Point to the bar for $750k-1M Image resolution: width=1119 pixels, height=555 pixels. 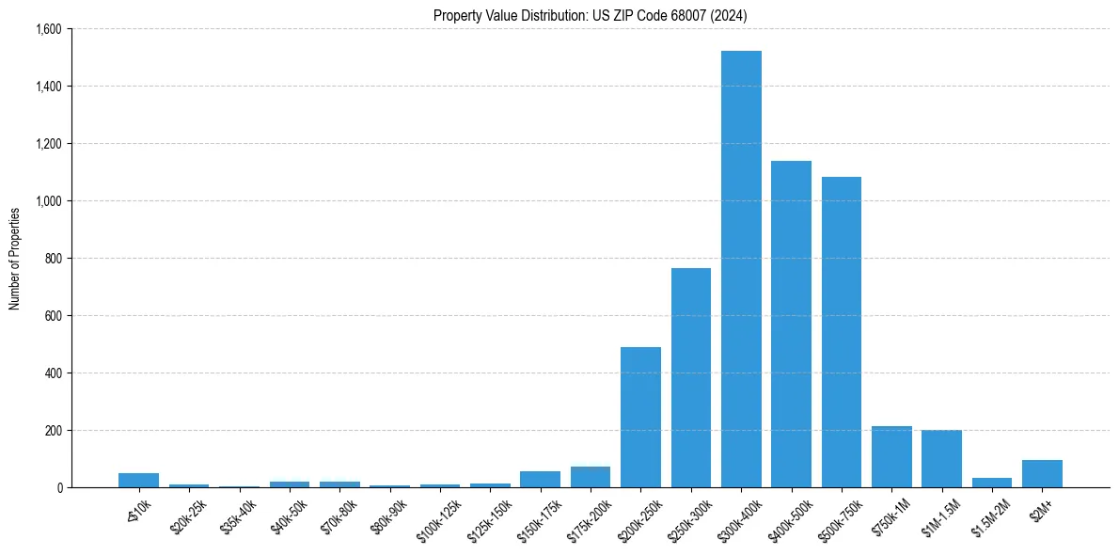pyautogui.click(x=891, y=457)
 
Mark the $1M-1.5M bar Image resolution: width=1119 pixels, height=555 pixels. pyautogui.click(x=941, y=459)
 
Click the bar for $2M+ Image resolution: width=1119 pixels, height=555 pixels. pyautogui.click(x=1042, y=474)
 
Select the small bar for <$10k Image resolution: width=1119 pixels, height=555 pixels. pyautogui.click(x=139, y=481)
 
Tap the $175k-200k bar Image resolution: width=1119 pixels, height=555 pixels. pyautogui.click(x=591, y=477)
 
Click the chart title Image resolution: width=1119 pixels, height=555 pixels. pyautogui.click(x=591, y=15)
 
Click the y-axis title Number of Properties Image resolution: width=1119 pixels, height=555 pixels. pyautogui.click(x=15, y=259)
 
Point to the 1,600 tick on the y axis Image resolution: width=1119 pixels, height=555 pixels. pyautogui.click(x=47, y=29)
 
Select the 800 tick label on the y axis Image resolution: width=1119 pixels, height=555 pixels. pyautogui.click(x=52, y=259)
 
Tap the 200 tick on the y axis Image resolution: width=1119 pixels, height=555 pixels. pyautogui.click(x=52, y=431)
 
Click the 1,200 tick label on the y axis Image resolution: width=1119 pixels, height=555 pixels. pyautogui.click(x=47, y=144)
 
